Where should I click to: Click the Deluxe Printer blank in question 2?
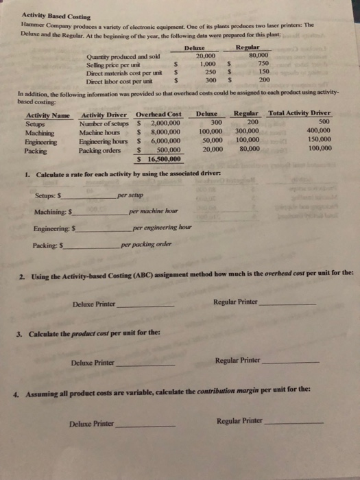coord(144,304)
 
